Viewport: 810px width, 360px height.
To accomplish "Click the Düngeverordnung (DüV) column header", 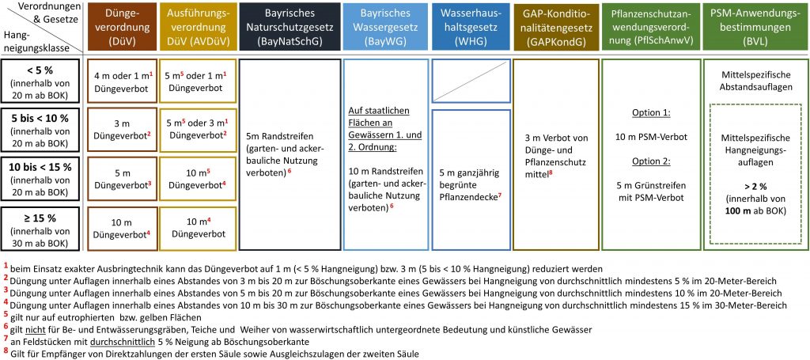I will pyautogui.click(x=120, y=28).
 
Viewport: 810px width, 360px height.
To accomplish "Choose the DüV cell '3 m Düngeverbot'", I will pyautogui.click(x=121, y=128).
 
